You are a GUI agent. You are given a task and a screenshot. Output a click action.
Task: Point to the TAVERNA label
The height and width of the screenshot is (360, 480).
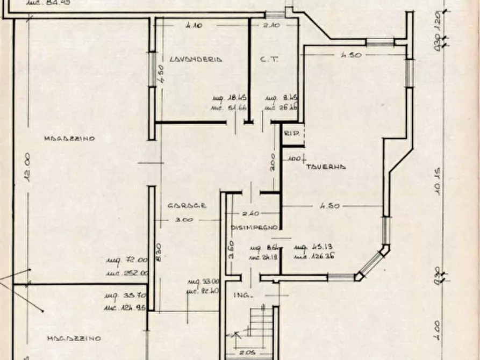click(x=326, y=167)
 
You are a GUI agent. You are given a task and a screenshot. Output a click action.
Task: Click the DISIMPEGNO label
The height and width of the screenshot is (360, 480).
click(x=254, y=228)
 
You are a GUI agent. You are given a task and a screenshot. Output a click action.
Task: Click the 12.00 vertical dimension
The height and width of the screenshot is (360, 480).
click(x=29, y=167)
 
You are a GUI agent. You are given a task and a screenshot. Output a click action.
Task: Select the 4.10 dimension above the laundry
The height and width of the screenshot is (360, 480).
click(x=194, y=25)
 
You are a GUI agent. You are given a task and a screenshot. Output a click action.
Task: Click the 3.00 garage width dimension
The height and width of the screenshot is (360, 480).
click(x=184, y=220)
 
